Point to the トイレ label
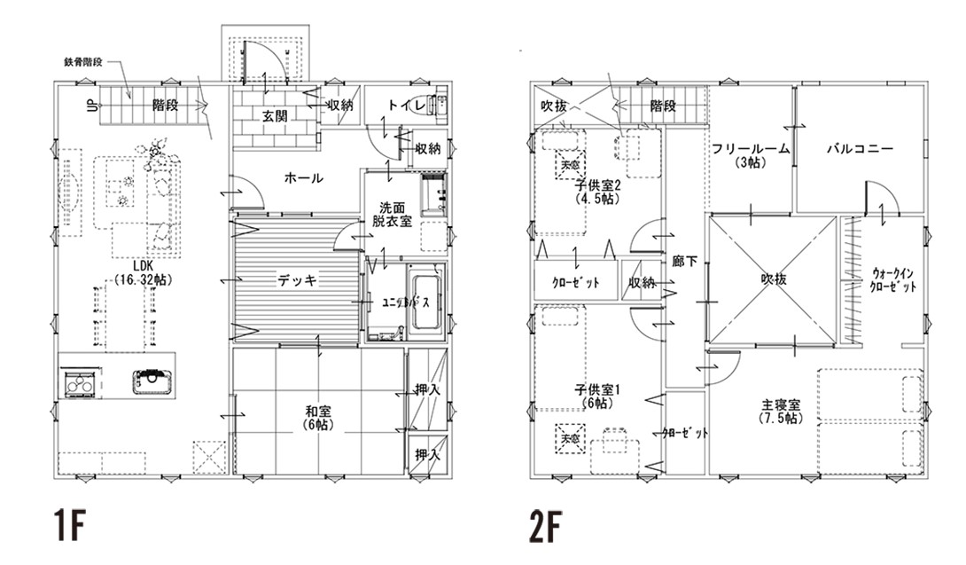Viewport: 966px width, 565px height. (401, 106)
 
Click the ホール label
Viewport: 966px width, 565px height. (303, 178)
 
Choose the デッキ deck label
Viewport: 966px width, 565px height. (292, 280)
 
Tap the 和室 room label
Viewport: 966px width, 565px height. (318, 417)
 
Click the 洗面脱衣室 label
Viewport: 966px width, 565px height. (392, 214)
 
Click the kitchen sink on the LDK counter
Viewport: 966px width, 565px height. (152, 381)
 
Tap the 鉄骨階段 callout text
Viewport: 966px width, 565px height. (84, 62)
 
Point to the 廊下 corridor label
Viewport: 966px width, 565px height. (685, 261)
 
